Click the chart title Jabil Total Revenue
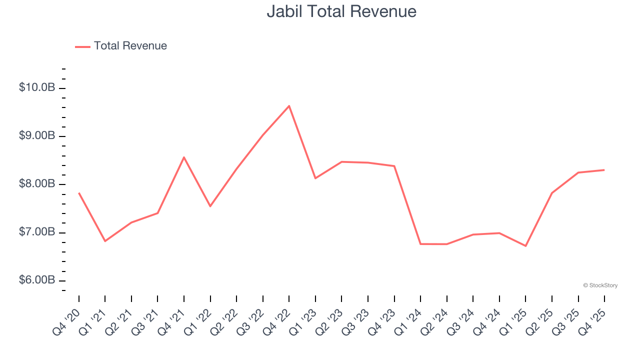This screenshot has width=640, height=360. click(341, 11)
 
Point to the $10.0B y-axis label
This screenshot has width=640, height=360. click(37, 87)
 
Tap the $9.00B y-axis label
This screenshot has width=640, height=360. click(37, 136)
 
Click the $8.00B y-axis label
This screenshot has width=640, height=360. click(37, 184)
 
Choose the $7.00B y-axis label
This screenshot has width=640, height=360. click(37, 232)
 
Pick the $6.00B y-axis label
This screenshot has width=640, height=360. click(37, 280)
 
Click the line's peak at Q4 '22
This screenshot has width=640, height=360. click(289, 105)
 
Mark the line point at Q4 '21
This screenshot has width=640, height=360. click(184, 157)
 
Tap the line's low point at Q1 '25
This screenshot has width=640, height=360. click(525, 246)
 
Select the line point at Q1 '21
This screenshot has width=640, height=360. click(105, 241)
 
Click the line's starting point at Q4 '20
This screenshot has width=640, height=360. click(79, 193)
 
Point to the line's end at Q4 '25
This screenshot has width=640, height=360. click(604, 170)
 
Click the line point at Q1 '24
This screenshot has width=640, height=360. click(420, 244)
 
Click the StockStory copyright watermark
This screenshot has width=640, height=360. click(600, 285)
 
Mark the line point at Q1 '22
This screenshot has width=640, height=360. click(210, 206)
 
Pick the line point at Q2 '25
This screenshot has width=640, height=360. click(551, 193)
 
